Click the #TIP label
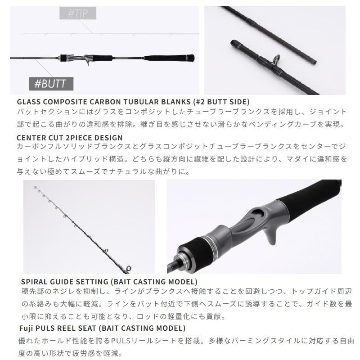[77, 13]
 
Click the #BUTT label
[51, 84]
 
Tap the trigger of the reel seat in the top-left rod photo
[88, 63]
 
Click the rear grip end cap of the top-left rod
[190, 58]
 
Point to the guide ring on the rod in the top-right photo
[277, 59]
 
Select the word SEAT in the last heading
[87, 328]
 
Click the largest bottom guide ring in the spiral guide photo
[128, 268]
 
